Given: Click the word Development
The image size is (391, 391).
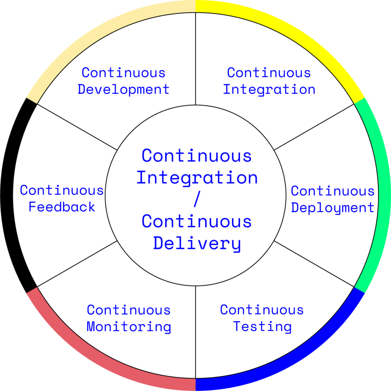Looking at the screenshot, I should tap(123, 90).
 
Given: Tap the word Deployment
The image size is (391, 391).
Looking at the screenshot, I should tap(333, 208).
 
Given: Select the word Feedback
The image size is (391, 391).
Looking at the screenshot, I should tap(62, 207).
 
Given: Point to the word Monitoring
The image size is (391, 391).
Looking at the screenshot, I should tap(129, 327).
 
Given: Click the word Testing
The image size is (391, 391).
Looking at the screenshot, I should tap(262, 327).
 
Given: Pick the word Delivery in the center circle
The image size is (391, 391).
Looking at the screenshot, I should tap(197, 244).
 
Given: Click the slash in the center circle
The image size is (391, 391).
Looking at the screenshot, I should tap(196, 200).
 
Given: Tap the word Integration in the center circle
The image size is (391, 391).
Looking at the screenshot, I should tap(197, 178).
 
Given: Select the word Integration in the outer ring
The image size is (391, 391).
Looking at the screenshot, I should tap(269, 90).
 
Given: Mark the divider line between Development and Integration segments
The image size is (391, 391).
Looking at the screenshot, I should tap(195, 57).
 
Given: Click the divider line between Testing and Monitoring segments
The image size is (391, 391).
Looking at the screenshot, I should tap(195, 332).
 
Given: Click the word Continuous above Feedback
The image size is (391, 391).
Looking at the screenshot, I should tap(62, 190).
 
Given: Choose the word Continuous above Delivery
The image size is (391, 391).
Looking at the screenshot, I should tap(197, 222).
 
